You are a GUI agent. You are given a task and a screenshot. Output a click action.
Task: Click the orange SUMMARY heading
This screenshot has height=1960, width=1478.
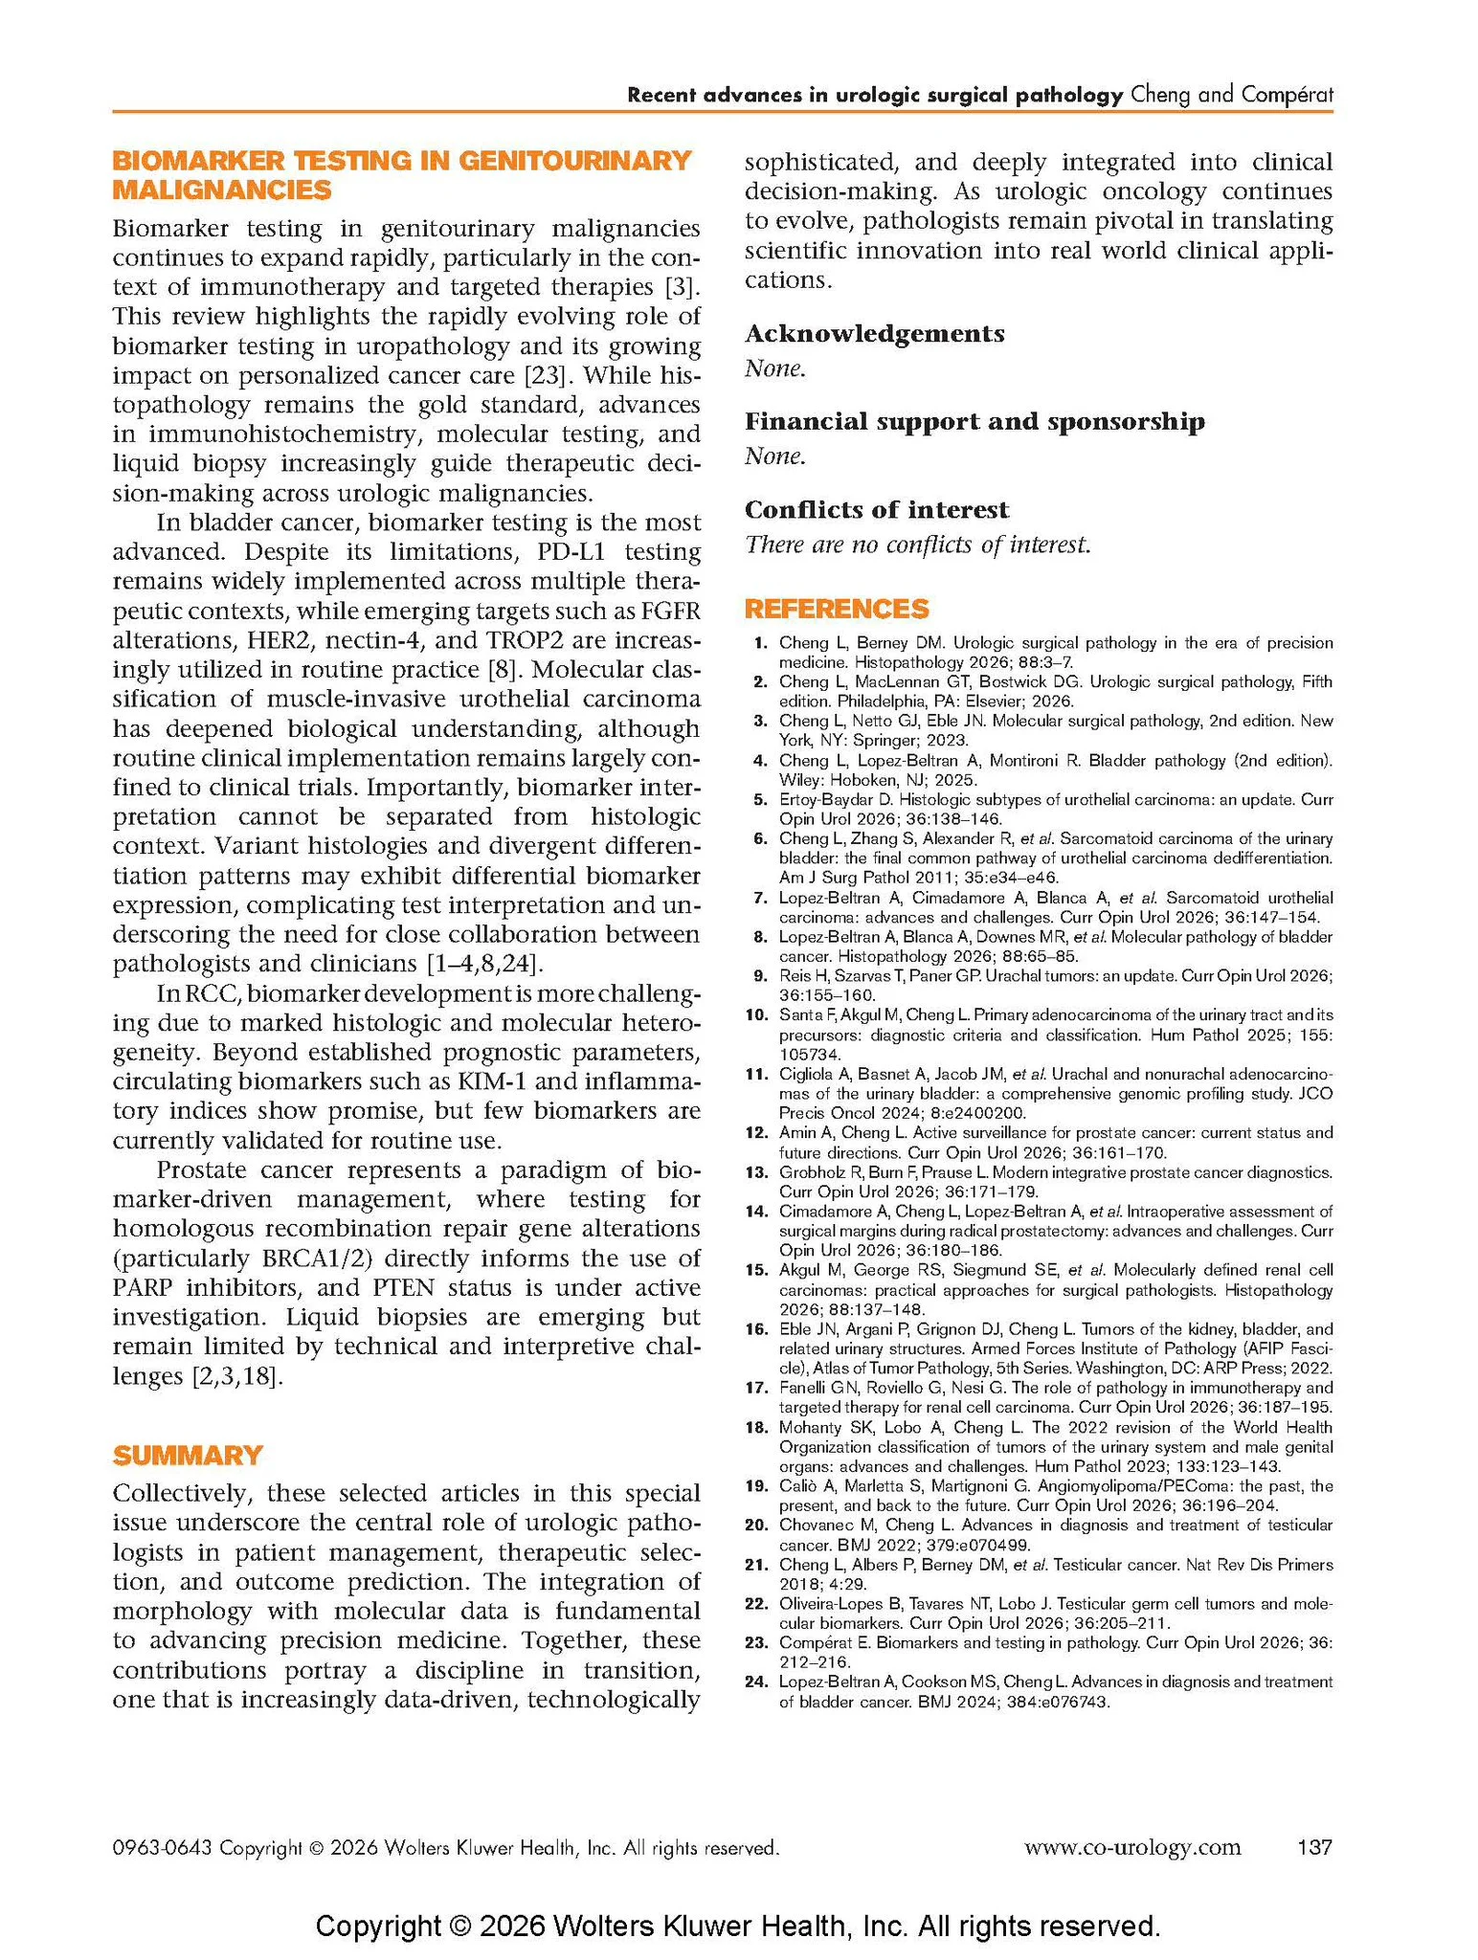coord(187,1456)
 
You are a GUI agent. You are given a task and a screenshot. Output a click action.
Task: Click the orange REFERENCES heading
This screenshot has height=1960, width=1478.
coord(836,609)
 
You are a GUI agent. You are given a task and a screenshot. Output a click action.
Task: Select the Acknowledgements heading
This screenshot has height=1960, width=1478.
coord(874,333)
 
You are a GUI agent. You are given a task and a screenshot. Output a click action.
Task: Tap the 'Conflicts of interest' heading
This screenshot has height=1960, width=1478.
coord(877,509)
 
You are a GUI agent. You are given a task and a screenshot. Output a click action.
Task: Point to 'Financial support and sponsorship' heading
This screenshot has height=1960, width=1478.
coord(974,421)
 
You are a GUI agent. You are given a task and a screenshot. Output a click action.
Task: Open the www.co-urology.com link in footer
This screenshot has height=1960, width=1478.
coord(1132,1846)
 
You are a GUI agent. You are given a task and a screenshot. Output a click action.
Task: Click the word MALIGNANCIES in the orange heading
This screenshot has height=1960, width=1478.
coord(222,189)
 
